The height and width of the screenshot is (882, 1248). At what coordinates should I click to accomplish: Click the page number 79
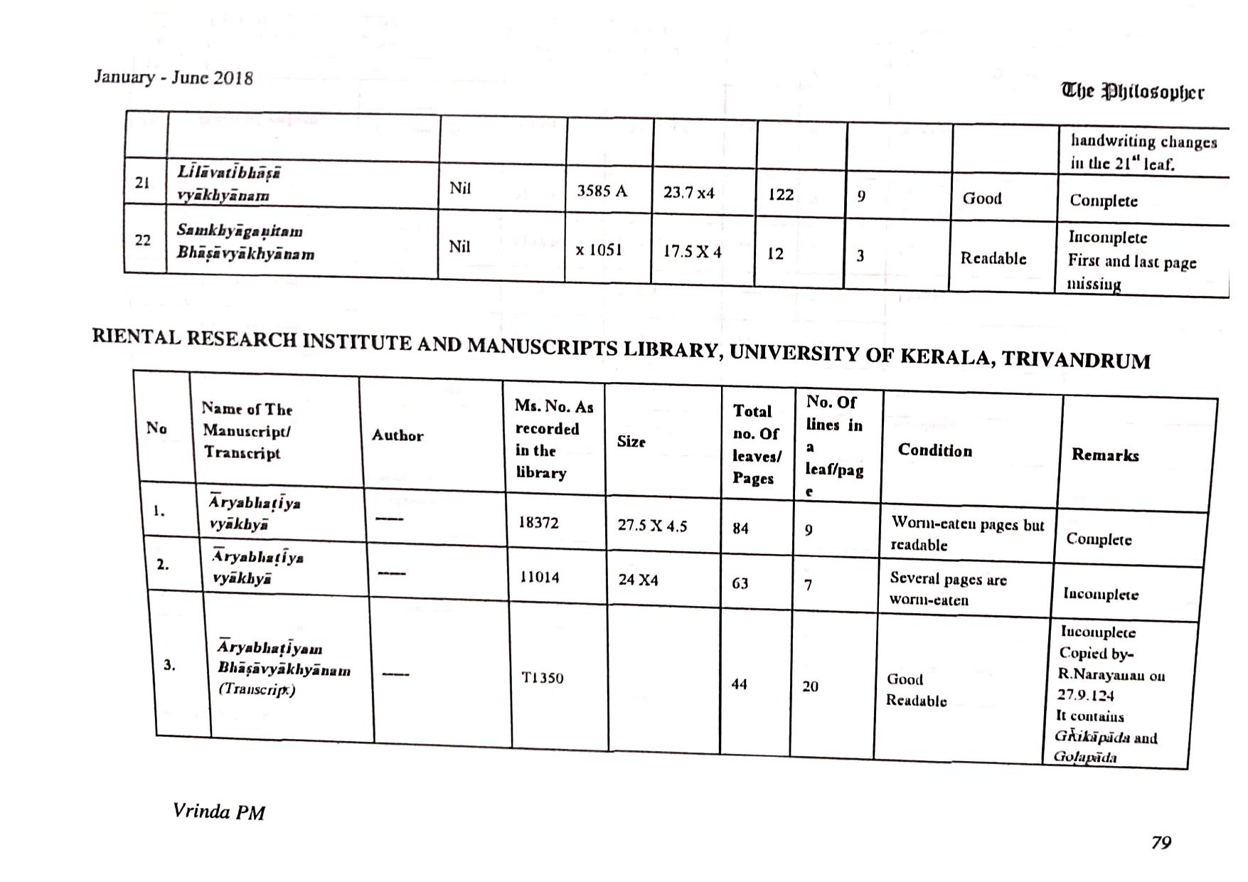pyautogui.click(x=1161, y=842)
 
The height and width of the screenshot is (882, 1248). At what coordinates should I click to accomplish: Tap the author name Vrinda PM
pyautogui.click(x=218, y=812)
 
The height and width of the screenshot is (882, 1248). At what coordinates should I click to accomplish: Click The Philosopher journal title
pyautogui.click(x=1132, y=92)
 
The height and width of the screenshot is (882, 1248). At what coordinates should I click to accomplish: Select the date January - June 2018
pyautogui.click(x=173, y=77)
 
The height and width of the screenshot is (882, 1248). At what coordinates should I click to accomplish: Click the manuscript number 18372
pyautogui.click(x=538, y=523)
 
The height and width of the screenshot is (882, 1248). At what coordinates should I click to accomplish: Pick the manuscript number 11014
pyautogui.click(x=539, y=577)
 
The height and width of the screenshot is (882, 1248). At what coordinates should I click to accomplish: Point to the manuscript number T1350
pyautogui.click(x=542, y=678)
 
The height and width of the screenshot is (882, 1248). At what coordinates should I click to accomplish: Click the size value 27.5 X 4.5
pyautogui.click(x=652, y=526)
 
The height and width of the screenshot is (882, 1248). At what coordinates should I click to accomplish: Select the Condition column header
pyautogui.click(x=934, y=450)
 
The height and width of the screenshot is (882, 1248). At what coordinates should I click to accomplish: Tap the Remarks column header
pyautogui.click(x=1104, y=455)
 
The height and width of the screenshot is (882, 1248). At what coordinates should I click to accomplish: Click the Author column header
pyautogui.click(x=397, y=435)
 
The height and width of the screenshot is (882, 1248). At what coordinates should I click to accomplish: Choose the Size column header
pyautogui.click(x=631, y=442)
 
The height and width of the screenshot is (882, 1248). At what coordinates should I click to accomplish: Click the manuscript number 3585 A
pyautogui.click(x=602, y=191)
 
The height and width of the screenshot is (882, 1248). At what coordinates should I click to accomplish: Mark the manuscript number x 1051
pyautogui.click(x=599, y=250)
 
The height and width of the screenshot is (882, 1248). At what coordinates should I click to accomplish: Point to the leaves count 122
pyautogui.click(x=780, y=194)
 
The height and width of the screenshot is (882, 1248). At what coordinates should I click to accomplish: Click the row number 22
pyautogui.click(x=143, y=240)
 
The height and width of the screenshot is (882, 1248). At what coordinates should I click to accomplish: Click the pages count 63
pyautogui.click(x=740, y=583)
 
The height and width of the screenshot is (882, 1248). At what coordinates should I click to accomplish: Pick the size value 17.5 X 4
pyautogui.click(x=692, y=252)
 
